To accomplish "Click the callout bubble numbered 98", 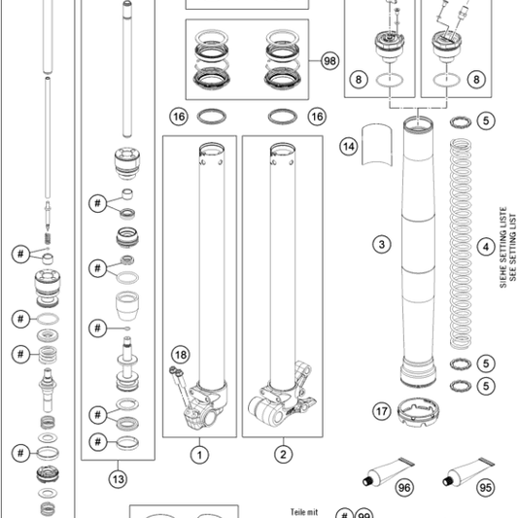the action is (x=329, y=61).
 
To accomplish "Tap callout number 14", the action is (x=349, y=146).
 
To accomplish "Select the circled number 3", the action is (x=382, y=245).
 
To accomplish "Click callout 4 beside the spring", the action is (x=486, y=247).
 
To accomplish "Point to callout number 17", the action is (x=382, y=411).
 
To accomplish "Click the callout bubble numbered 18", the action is (x=181, y=355).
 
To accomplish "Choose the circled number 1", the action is (x=199, y=455).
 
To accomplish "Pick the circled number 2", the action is (x=283, y=455).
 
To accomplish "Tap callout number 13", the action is (x=118, y=479).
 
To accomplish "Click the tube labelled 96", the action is (x=387, y=471).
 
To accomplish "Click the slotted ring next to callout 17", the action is (x=418, y=412).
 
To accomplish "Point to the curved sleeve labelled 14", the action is (x=377, y=145).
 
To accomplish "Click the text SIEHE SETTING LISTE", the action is (x=502, y=248).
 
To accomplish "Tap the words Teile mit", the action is (x=304, y=512).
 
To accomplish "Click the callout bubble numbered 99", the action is (x=363, y=515).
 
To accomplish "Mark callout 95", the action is (x=486, y=488).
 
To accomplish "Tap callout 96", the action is (x=404, y=488).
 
